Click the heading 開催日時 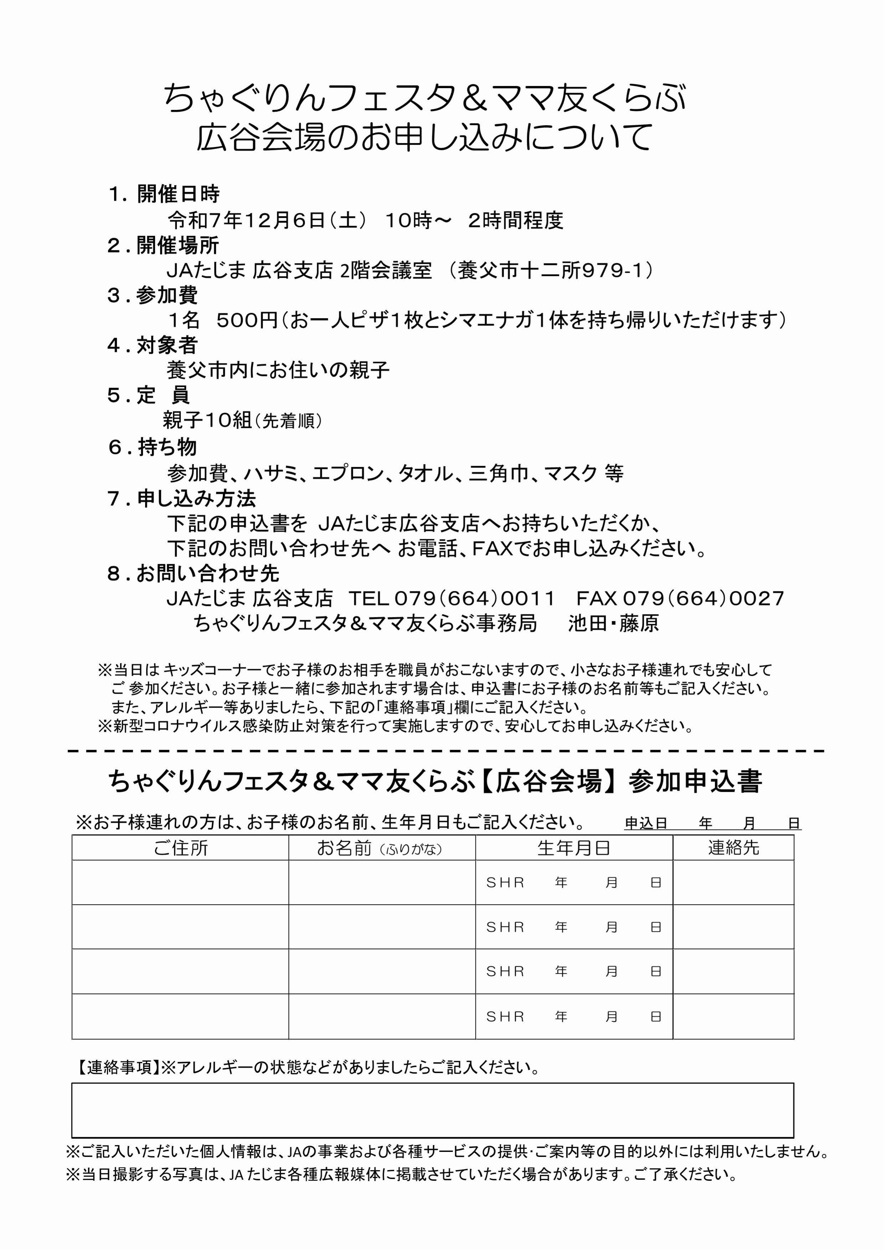point(178,194)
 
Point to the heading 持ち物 point(167,447)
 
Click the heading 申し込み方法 point(196,498)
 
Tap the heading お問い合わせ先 point(207,573)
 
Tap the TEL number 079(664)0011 point(474,598)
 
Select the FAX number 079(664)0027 point(703,598)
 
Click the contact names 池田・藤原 point(613,623)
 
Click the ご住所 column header point(180,848)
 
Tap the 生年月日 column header point(574,848)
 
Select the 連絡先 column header point(733,848)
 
